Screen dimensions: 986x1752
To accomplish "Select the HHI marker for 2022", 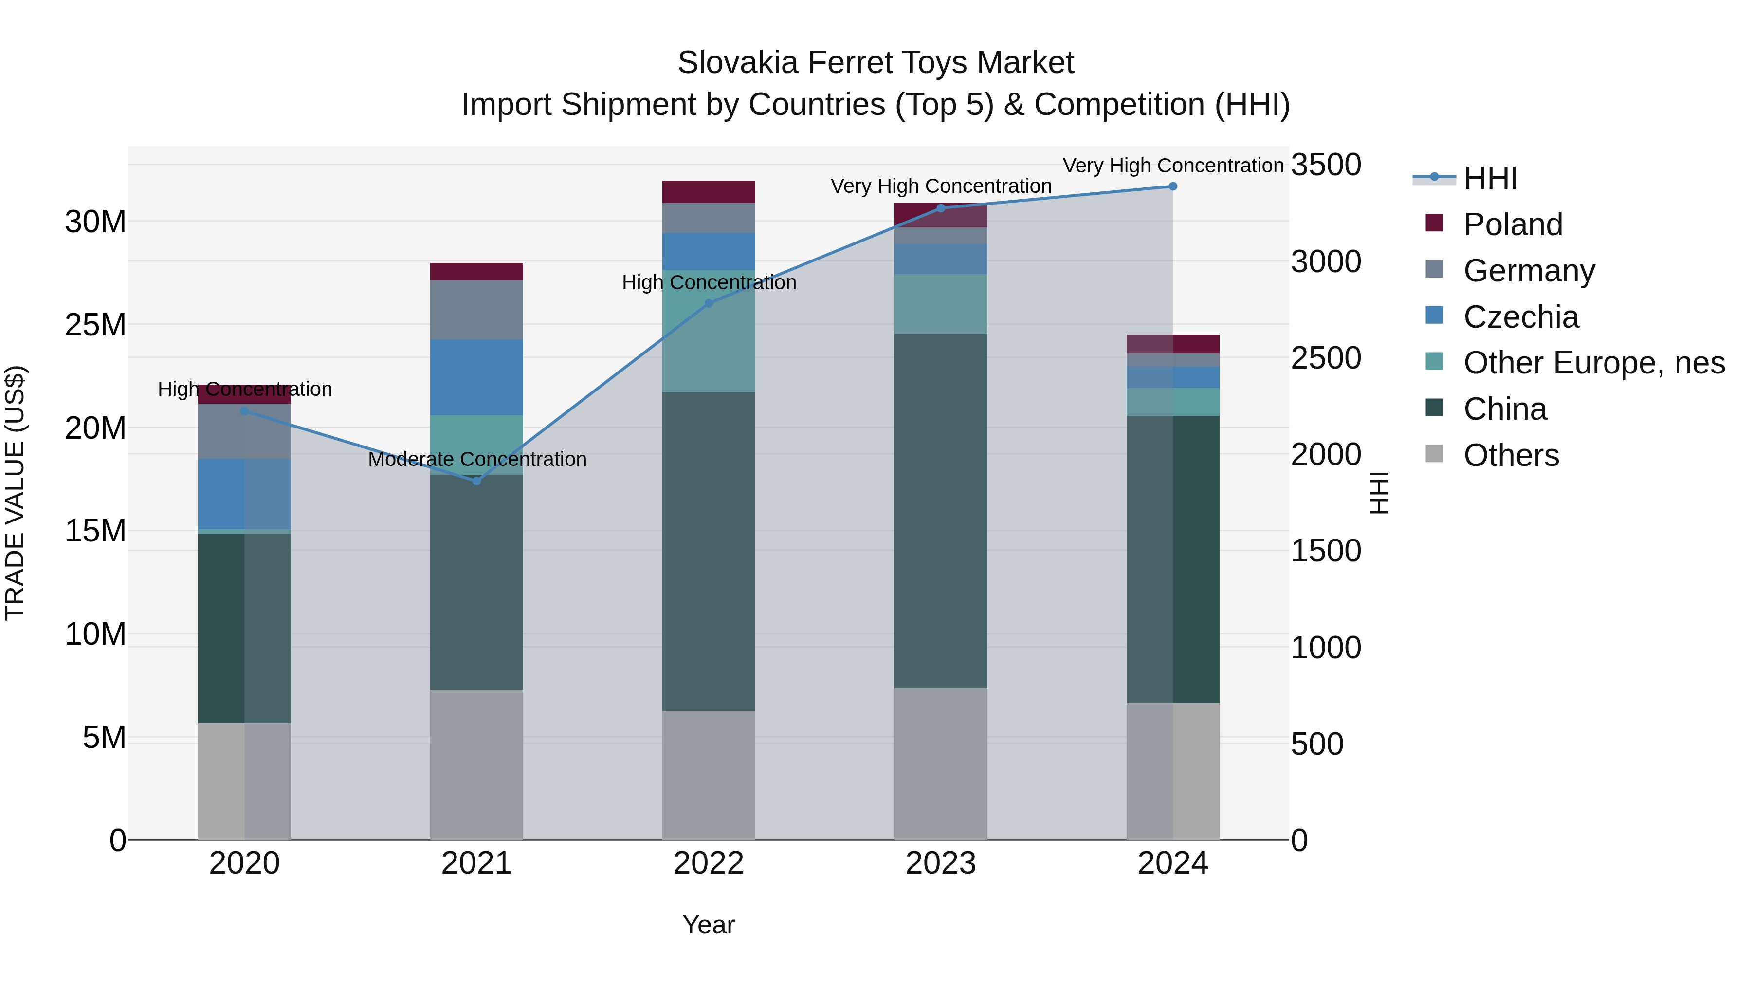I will (x=709, y=303).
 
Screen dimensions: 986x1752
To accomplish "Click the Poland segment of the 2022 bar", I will (x=709, y=192).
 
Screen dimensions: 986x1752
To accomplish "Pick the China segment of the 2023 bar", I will (x=941, y=510).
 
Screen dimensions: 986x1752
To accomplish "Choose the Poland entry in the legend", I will (x=1513, y=224).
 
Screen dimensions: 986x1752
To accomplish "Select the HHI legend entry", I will (x=1490, y=178).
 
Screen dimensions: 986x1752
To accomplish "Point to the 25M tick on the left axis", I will (x=95, y=325).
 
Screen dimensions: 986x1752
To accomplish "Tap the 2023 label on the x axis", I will (x=941, y=863).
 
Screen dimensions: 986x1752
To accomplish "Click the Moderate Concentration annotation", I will (x=477, y=459).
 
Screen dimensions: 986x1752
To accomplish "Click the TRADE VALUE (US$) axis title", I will (x=15, y=493).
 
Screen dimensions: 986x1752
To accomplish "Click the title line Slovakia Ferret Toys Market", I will (x=876, y=63).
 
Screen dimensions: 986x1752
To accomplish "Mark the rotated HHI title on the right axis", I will (x=1379, y=493).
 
